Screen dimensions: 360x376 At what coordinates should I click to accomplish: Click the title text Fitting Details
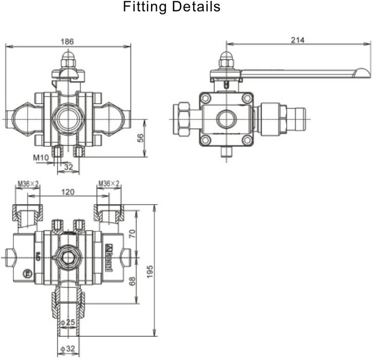coord(172,8)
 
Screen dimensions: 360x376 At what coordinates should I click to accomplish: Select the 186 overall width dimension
coord(67,41)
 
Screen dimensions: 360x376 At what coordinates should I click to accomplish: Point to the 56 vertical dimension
coord(140,138)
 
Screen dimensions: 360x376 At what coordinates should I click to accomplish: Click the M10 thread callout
coord(41,157)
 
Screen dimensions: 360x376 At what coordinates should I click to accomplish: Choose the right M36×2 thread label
coord(108,184)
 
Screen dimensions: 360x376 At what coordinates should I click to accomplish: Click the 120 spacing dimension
coord(67,192)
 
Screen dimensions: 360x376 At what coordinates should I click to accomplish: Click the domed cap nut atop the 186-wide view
coord(67,58)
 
